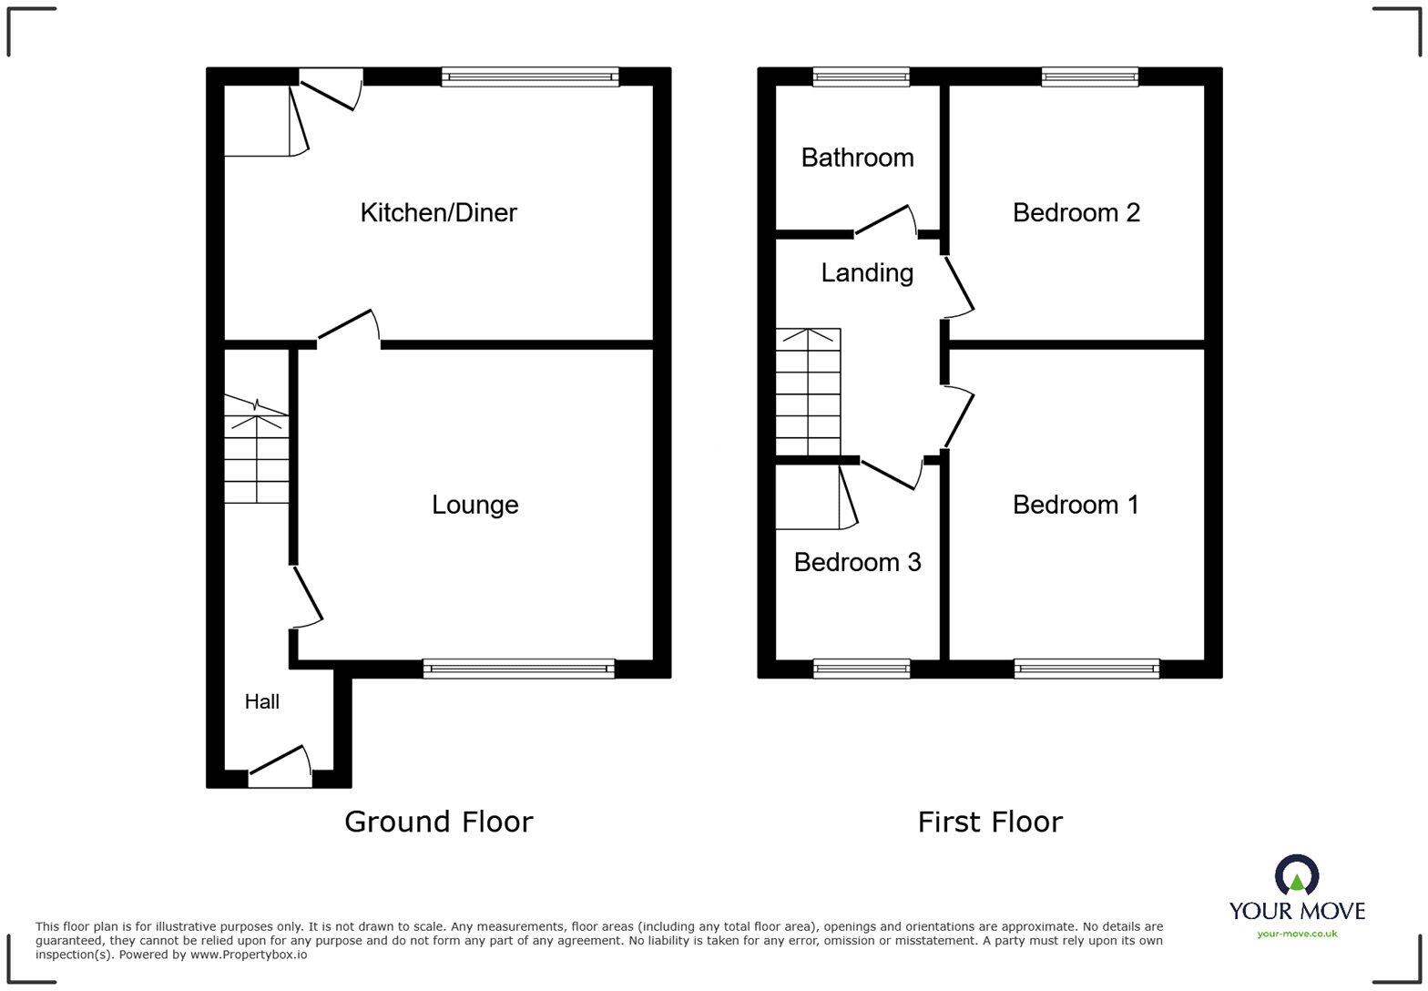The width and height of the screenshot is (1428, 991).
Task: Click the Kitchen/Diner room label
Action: tap(438, 213)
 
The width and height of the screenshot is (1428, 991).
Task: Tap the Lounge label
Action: tap(474, 505)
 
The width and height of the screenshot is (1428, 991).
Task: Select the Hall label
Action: tap(261, 701)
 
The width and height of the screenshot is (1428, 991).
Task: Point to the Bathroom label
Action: tap(857, 158)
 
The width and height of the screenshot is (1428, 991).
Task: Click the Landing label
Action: tap(867, 272)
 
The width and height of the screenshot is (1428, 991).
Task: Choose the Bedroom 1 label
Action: tap(1076, 505)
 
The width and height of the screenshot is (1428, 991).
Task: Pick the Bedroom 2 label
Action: tap(1076, 213)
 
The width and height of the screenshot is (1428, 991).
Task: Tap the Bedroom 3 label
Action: tap(857, 562)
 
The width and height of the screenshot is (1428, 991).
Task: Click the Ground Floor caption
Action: tap(438, 822)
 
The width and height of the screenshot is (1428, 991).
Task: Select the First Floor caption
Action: tap(990, 822)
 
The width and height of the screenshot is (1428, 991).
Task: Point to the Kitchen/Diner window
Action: tap(529, 77)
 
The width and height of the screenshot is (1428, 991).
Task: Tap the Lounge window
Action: tap(518, 669)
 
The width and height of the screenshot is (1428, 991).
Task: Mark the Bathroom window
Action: tap(861, 77)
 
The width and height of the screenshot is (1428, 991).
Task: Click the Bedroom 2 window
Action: tap(1089, 77)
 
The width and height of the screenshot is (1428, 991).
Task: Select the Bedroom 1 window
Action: tap(1086, 669)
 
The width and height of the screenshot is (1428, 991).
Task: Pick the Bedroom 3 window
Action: tap(861, 669)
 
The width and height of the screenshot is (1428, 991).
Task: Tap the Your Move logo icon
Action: tap(1297, 876)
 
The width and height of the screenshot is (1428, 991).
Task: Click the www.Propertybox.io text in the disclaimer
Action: tap(249, 955)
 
